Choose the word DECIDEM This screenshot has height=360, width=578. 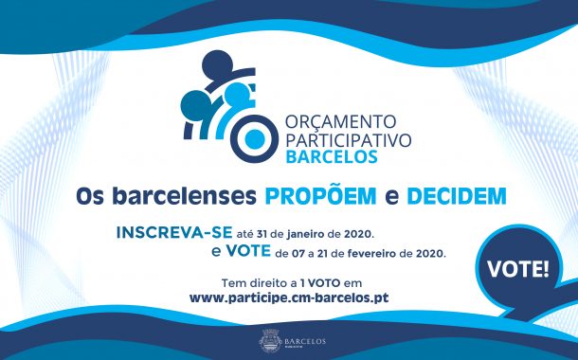click(x=456, y=196)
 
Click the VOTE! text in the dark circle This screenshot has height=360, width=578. click(x=518, y=267)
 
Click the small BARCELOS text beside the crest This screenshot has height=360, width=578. click(x=301, y=338)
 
